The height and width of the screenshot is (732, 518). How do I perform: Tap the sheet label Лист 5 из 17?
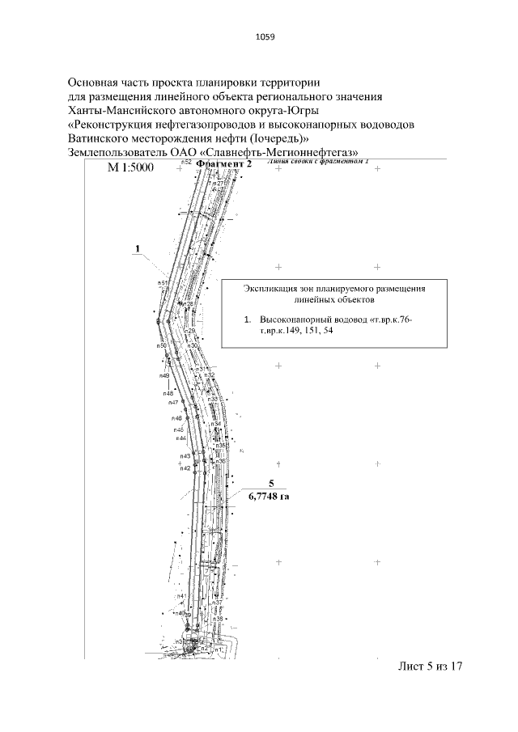pyautogui.click(x=430, y=667)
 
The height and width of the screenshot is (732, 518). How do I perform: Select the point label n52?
pyautogui.click(x=185, y=163)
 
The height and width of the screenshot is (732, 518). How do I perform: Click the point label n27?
pyautogui.click(x=219, y=184)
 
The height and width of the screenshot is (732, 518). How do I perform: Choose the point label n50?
pyautogui.click(x=162, y=345)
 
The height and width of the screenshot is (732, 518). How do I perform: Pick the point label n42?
pyautogui.click(x=185, y=468)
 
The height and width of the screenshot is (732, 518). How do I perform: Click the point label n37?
pyautogui.click(x=218, y=603)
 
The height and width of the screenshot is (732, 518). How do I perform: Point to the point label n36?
pyautogui.click(x=219, y=461)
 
